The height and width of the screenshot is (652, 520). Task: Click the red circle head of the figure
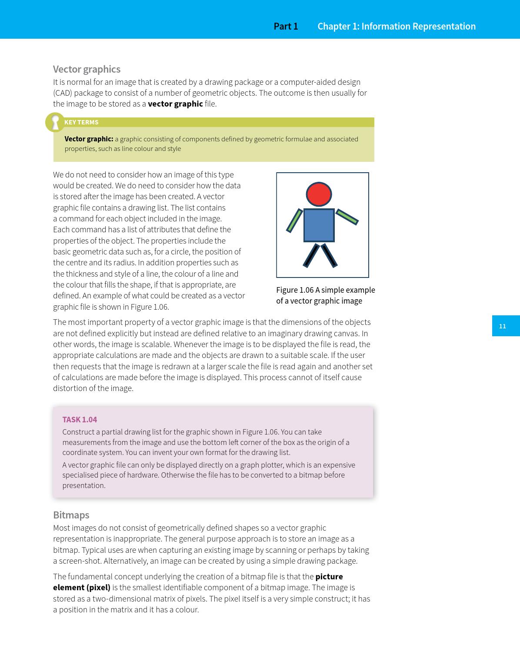pos(319,194)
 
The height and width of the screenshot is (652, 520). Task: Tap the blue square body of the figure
pos(319,225)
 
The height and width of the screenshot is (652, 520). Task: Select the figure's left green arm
pos(294,221)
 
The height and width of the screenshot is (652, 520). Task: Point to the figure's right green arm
pos(347,217)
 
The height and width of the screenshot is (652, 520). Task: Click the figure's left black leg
pos(311,255)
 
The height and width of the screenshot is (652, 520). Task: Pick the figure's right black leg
pos(329,255)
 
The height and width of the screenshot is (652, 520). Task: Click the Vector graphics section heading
pos(87,69)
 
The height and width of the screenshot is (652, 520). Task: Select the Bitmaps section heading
pos(71,515)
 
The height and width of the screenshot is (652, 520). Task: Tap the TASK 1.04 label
pos(80,419)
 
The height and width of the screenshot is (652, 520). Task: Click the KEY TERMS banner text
pos(81,122)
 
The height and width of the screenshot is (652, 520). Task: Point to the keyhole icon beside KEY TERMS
pos(55,122)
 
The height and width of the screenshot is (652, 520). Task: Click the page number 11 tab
pos(503,326)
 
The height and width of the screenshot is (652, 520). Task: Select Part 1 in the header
pos(286,26)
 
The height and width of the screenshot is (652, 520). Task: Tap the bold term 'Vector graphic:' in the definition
pos(89,139)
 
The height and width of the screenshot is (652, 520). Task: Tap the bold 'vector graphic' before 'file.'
pos(175,104)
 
